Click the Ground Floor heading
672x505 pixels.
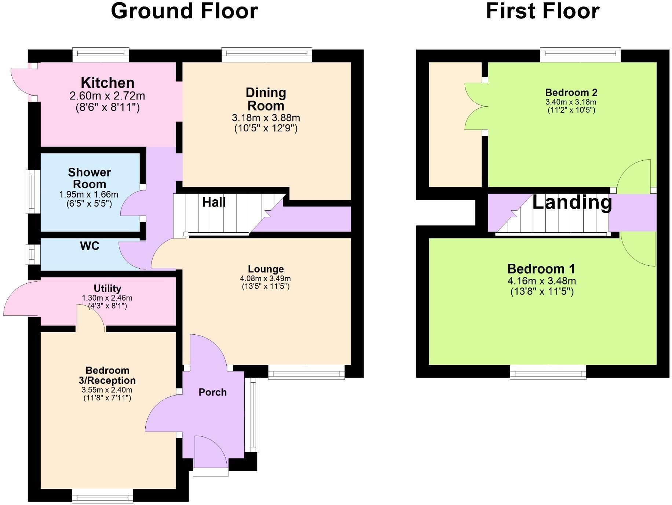tap(184, 11)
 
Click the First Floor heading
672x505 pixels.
tap(542, 11)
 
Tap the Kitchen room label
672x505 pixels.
tap(107, 83)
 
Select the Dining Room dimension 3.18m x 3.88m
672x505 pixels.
tap(266, 118)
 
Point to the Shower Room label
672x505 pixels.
tap(90, 178)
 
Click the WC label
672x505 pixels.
tap(90, 246)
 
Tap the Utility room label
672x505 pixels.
tap(107, 288)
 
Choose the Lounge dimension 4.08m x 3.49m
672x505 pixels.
tap(266, 279)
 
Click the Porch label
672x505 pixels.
tap(212, 392)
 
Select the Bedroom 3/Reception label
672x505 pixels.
tap(107, 375)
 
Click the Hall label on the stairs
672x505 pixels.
tap(214, 202)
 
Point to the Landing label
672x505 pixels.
tap(572, 202)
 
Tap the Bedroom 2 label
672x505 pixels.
tap(571, 92)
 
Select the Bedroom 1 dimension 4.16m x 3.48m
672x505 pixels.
tap(541, 281)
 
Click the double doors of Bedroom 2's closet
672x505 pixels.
tap(476, 106)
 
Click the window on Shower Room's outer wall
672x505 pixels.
tap(33, 191)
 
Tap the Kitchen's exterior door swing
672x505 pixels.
tap(21, 81)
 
